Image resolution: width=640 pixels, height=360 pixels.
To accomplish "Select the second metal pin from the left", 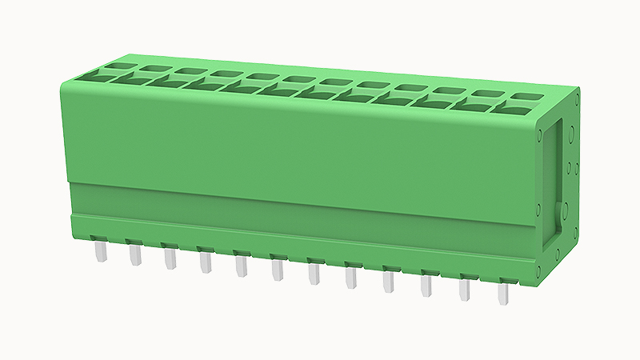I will [x=135, y=255].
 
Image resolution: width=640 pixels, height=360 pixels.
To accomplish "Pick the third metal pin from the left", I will [x=170, y=259].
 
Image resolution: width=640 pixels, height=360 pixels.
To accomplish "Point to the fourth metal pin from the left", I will [x=206, y=262].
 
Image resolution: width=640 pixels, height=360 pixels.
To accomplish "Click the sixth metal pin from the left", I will [x=278, y=270].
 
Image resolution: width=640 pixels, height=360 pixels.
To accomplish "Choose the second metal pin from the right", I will [x=465, y=289].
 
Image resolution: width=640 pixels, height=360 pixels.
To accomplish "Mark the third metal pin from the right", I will [x=426, y=286].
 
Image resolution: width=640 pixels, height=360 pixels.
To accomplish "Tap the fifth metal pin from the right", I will [x=351, y=278].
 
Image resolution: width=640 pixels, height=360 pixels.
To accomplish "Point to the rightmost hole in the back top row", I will [x=526, y=96].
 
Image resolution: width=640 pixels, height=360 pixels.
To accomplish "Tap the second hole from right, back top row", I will [x=486, y=94].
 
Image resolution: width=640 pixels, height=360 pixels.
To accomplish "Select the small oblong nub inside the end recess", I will [x=558, y=211].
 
